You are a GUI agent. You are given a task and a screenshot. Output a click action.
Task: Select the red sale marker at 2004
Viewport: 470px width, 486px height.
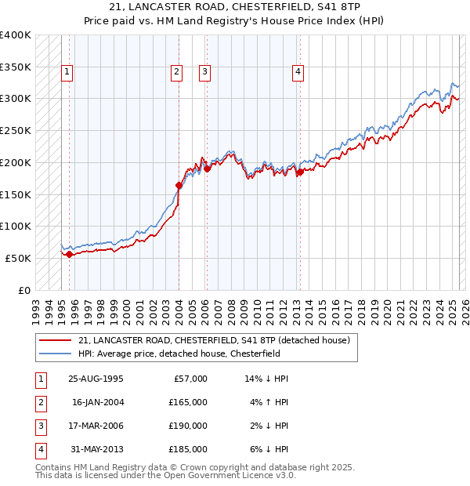(179, 186)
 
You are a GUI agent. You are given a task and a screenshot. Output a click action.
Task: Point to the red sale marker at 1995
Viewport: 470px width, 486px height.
(70, 254)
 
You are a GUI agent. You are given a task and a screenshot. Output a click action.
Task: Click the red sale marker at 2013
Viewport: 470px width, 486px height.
(300, 172)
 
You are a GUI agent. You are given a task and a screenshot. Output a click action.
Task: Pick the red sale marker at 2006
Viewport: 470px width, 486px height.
(207, 169)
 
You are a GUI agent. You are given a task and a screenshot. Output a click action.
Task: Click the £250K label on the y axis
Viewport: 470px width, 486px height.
(16, 130)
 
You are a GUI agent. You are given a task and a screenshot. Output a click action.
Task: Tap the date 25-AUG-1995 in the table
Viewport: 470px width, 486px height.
(96, 379)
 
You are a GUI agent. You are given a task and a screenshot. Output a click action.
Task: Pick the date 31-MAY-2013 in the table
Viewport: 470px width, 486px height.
(96, 449)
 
